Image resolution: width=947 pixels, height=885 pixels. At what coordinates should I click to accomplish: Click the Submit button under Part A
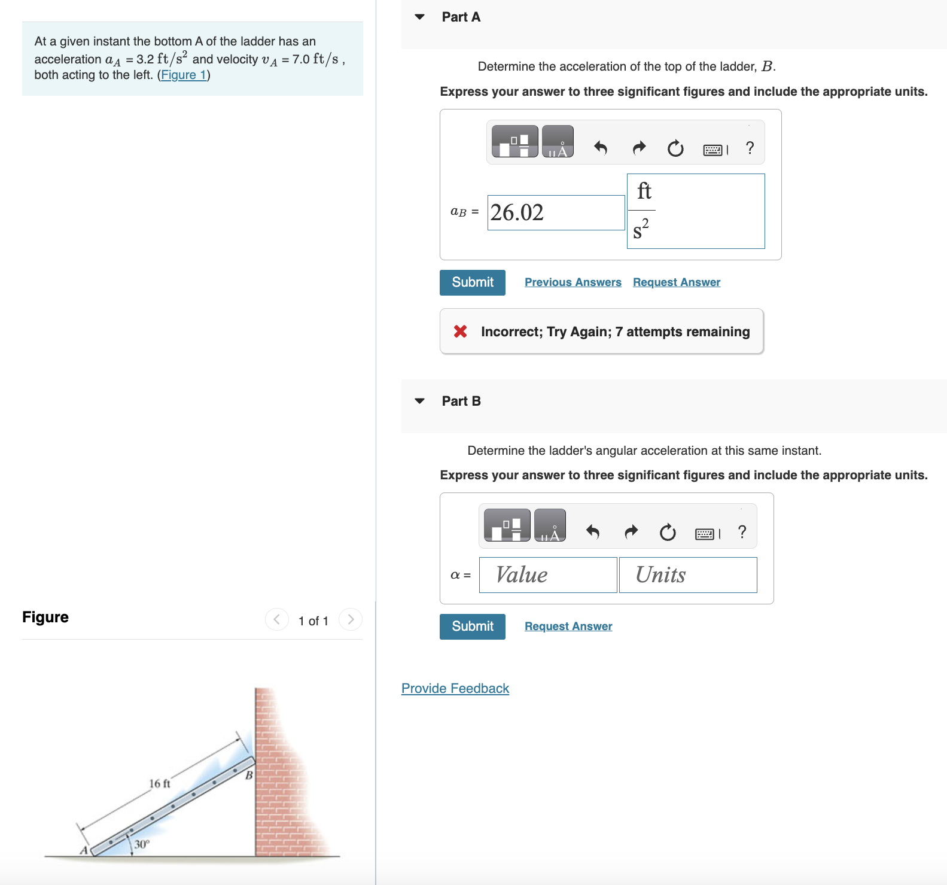point(472,282)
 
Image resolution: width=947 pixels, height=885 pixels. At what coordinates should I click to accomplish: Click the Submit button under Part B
point(472,627)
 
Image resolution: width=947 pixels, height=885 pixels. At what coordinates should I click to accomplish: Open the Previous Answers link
point(573,282)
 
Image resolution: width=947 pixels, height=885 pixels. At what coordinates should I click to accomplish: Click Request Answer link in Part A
point(676,282)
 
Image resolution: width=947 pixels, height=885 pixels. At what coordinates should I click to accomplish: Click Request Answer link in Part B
point(568,627)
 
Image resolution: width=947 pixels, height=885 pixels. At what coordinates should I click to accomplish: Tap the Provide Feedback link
point(455,689)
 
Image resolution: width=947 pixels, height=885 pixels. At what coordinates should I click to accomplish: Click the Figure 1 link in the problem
point(184,75)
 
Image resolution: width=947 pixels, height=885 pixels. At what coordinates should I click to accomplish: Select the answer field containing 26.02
point(555,212)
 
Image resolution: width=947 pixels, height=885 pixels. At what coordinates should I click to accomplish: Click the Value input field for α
point(547,575)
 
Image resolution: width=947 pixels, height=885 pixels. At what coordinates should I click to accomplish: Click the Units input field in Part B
point(687,575)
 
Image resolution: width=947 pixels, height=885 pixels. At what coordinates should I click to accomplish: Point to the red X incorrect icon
point(460,332)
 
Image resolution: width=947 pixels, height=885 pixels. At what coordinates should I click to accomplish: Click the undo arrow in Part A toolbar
point(601,148)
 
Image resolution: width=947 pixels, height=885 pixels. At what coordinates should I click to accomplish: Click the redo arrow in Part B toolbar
point(631,531)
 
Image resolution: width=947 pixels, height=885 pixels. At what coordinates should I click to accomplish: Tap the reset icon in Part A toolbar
point(675,148)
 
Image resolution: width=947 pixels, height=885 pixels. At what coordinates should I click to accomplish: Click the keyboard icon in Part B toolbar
point(705,534)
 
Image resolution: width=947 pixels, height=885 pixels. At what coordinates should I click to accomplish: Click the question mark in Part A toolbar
point(750,148)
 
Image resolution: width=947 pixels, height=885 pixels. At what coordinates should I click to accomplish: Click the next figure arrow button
point(351,619)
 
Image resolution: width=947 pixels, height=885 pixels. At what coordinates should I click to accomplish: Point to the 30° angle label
point(142,844)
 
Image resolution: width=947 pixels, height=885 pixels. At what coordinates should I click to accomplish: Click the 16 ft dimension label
point(159,783)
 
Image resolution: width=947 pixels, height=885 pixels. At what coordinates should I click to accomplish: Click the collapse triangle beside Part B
point(420,401)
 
